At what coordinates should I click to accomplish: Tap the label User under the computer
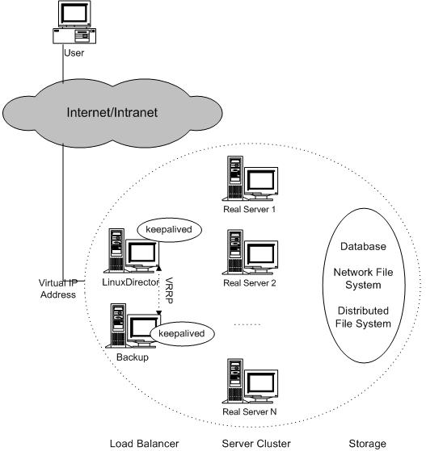(x=74, y=54)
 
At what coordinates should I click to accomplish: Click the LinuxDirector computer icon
(x=133, y=253)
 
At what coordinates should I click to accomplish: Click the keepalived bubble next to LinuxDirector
(x=167, y=230)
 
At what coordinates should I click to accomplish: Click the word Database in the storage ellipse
(x=362, y=246)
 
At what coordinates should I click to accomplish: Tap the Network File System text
(x=362, y=279)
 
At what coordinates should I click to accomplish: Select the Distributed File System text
(x=362, y=317)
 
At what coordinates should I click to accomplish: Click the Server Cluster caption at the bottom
(x=251, y=442)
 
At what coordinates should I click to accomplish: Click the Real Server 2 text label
(x=250, y=283)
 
